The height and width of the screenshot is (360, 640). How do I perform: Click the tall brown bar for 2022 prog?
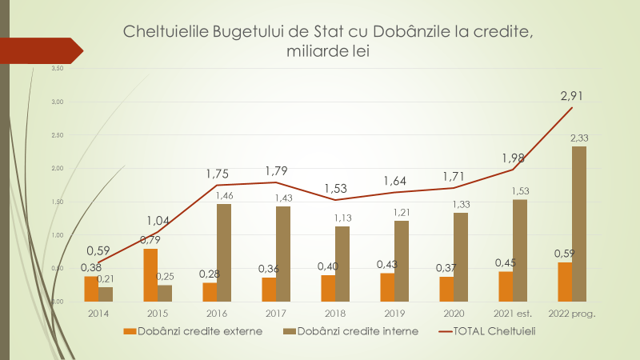point(578,224)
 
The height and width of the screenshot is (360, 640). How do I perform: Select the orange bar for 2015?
point(150,275)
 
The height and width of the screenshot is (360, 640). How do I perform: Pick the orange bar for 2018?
point(328,288)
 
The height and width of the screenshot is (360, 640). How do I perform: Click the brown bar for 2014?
point(106,294)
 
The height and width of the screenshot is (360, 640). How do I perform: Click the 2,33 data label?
point(579,138)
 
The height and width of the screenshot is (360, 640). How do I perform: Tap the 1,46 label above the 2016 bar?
point(224,195)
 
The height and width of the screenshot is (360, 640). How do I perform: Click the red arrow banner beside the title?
point(40,50)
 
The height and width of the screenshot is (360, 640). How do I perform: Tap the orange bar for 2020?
point(446,289)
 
